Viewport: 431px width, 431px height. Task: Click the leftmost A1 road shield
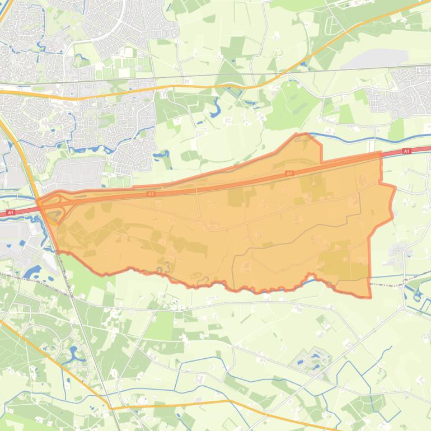tap(10, 213)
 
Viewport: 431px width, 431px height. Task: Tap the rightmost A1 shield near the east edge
tap(406, 151)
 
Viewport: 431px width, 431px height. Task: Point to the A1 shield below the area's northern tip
tap(289, 174)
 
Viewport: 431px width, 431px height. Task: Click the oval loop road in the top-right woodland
tap(332, 24)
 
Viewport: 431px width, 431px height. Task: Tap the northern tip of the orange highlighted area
tap(303, 134)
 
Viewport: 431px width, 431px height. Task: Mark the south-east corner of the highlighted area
tap(370, 297)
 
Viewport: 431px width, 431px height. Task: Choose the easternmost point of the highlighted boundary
tap(395, 188)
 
